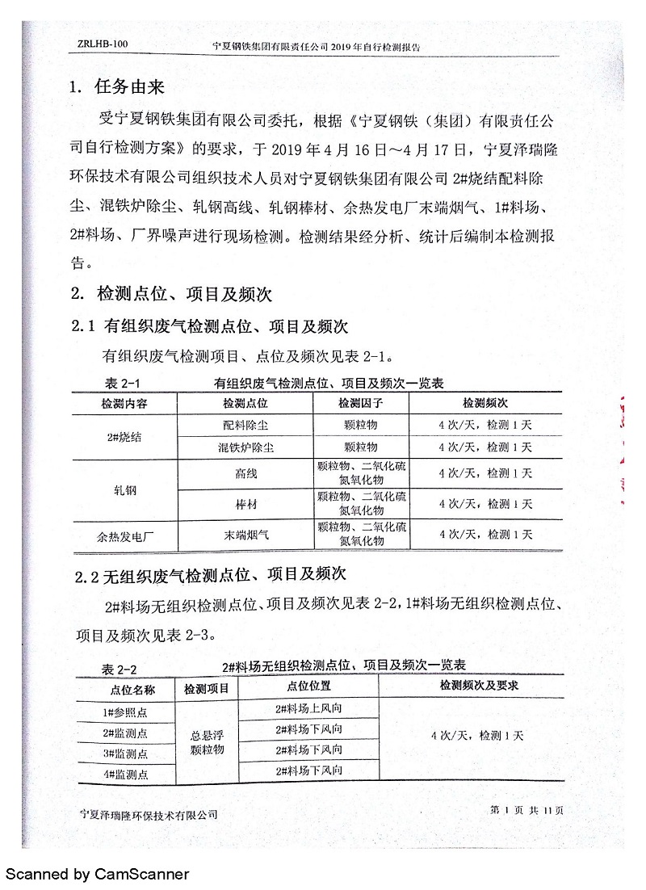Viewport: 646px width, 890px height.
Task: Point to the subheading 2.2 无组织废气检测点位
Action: pyautogui.click(x=210, y=574)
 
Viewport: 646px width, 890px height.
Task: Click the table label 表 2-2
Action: pyautogui.click(x=118, y=669)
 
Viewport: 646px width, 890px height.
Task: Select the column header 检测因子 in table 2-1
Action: pyautogui.click(x=359, y=402)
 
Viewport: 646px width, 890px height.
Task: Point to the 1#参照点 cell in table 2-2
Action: pyautogui.click(x=126, y=712)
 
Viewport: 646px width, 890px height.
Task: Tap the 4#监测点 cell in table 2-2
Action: pyautogui.click(x=126, y=774)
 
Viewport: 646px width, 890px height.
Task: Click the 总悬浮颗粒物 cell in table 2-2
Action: pyautogui.click(x=207, y=742)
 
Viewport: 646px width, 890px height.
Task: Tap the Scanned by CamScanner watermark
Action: pyautogui.click(x=97, y=874)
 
